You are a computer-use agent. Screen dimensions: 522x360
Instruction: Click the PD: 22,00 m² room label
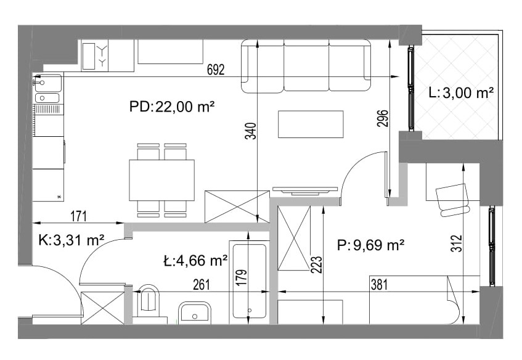click(x=171, y=107)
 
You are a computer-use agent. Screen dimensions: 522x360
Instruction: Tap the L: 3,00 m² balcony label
click(x=461, y=93)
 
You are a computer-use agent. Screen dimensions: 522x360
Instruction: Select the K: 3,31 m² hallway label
click(x=71, y=240)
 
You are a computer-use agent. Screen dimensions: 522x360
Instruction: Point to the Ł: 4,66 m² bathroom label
click(x=195, y=260)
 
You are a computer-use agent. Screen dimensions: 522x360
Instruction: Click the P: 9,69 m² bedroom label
click(x=371, y=245)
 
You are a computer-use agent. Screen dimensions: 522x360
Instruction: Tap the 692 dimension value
click(x=216, y=70)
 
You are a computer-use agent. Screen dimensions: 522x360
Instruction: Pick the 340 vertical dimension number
click(x=251, y=131)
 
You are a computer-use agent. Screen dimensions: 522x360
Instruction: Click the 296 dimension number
click(x=383, y=118)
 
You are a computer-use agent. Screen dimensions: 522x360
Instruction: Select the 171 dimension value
click(x=78, y=216)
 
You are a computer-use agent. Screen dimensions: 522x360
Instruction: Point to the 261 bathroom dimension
click(x=202, y=285)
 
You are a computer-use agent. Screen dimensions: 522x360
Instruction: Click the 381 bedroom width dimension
click(x=379, y=285)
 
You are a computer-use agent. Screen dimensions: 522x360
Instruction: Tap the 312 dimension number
click(x=457, y=243)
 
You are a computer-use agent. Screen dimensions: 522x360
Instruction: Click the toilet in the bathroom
click(x=149, y=301)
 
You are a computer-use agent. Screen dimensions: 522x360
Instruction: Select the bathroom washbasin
click(x=194, y=313)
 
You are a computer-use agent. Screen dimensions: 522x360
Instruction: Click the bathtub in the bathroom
click(x=250, y=282)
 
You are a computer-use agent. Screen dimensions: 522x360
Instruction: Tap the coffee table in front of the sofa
click(x=311, y=125)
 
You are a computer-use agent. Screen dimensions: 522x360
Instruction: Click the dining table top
click(x=162, y=180)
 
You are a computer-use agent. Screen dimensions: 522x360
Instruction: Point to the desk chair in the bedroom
click(x=453, y=200)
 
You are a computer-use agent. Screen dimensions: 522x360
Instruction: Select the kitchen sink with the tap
click(x=48, y=83)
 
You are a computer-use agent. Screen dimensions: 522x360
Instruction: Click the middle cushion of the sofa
click(x=306, y=65)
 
